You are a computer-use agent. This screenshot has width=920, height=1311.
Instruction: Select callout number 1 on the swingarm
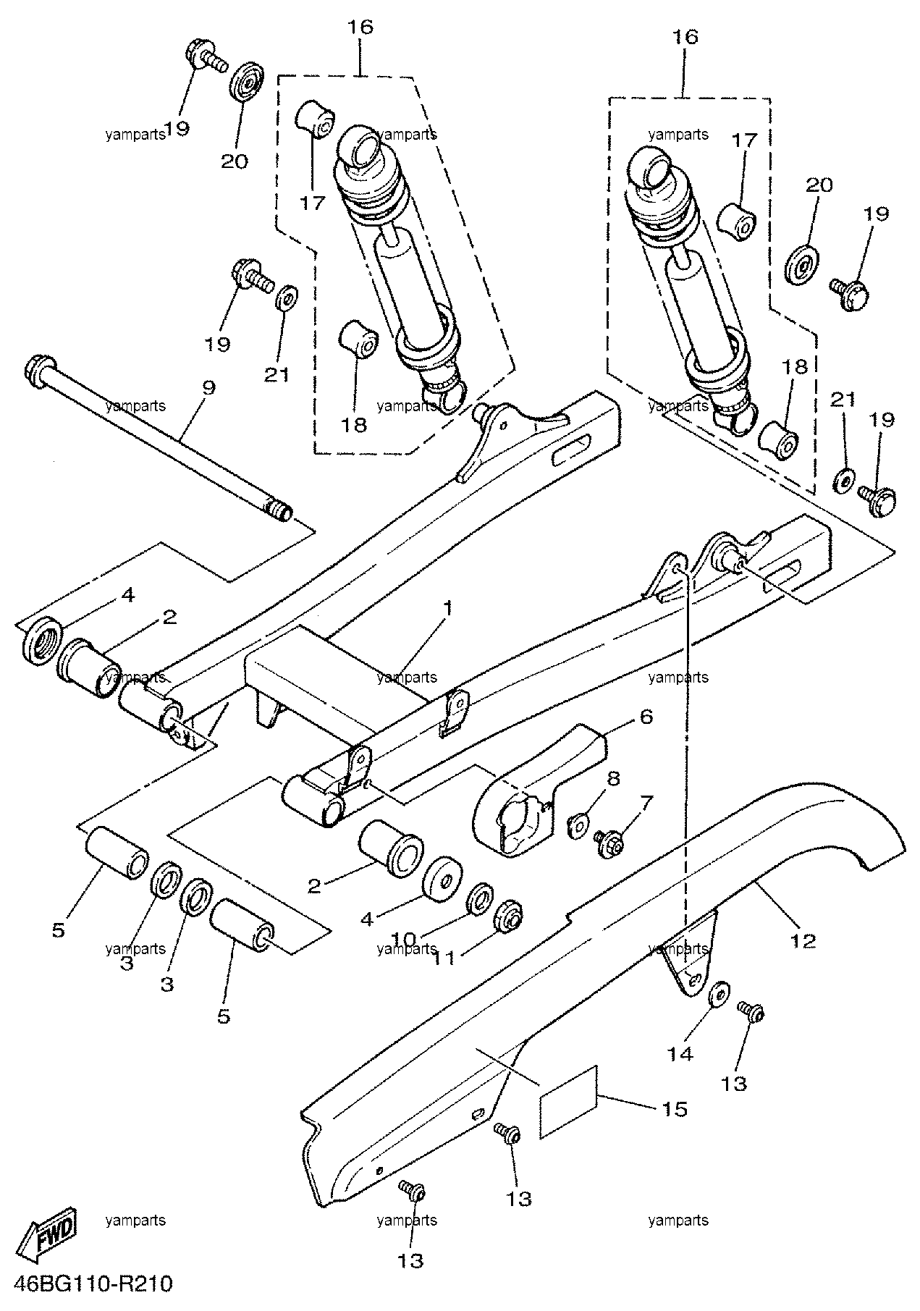click(448, 607)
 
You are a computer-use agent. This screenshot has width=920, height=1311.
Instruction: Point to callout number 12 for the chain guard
click(803, 941)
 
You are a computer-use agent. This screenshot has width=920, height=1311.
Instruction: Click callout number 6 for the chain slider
click(646, 717)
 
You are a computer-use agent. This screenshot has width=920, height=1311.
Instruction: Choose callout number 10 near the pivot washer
click(405, 940)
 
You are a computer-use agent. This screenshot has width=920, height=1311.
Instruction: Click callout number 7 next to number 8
click(645, 802)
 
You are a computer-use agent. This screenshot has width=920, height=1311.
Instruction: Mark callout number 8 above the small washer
click(613, 779)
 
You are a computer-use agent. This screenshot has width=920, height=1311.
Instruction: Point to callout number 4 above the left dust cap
click(127, 595)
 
